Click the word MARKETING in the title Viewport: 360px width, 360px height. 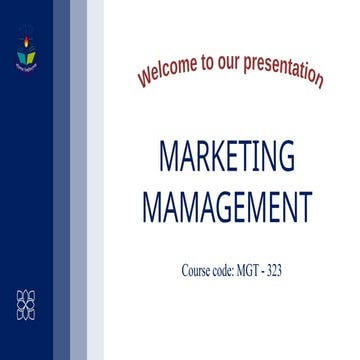point(227,157)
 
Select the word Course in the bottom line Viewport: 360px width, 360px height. point(196,270)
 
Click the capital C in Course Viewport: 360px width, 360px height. point(186,270)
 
